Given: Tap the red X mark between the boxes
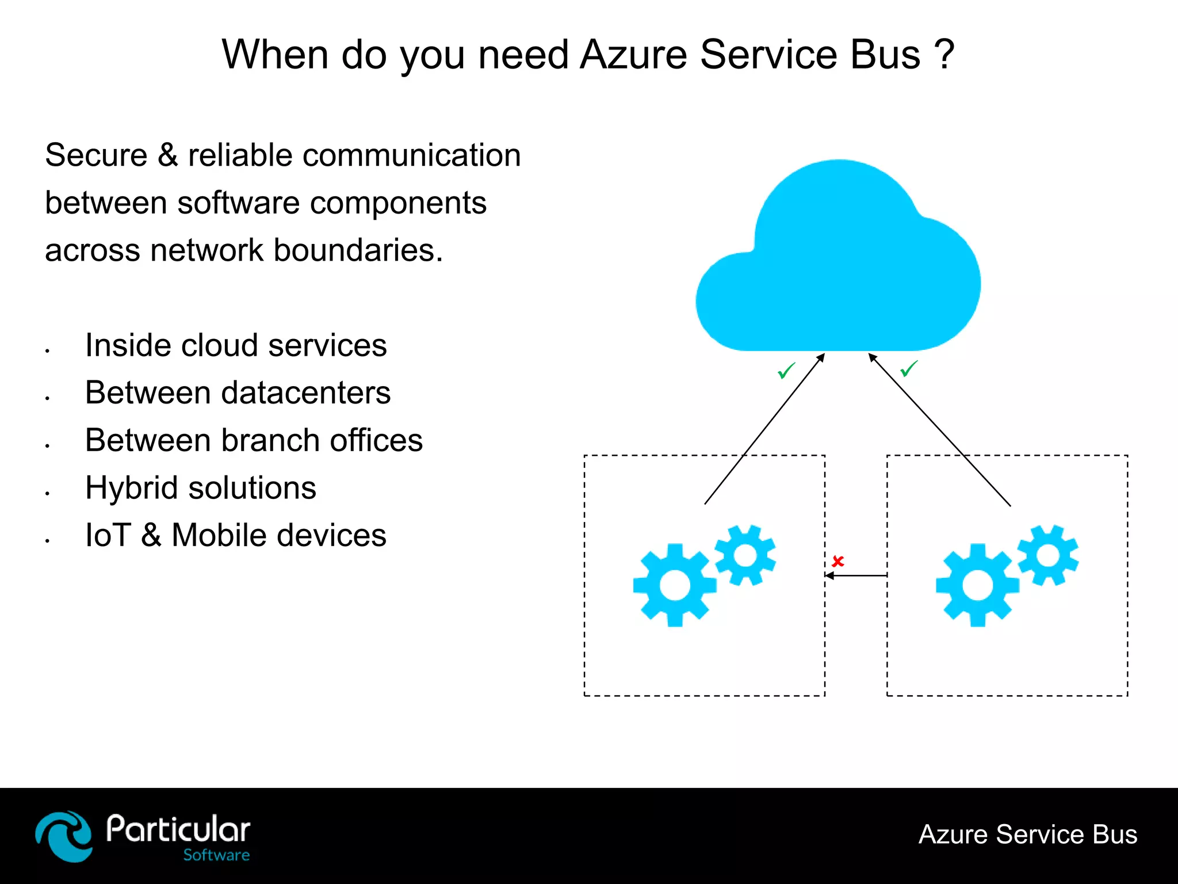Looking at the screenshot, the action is click(x=838, y=561).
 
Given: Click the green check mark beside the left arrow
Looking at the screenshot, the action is click(x=786, y=371).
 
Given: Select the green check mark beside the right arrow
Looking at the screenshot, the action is click(x=909, y=368).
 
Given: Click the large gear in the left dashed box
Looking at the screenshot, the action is click(x=675, y=585).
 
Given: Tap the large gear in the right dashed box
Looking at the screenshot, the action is click(x=977, y=585).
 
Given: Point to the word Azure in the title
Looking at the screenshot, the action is click(x=633, y=55).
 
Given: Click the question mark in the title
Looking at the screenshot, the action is click(x=944, y=54).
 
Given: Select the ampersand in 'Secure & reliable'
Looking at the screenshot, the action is click(x=167, y=155).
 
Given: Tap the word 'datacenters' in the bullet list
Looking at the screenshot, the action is click(x=306, y=393).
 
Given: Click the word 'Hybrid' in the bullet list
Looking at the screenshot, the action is click(x=132, y=489).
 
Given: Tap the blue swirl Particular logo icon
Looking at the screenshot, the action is click(x=64, y=836).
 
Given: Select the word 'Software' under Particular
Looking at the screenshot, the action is click(x=216, y=855).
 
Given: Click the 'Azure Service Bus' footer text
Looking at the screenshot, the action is click(x=1028, y=835).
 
